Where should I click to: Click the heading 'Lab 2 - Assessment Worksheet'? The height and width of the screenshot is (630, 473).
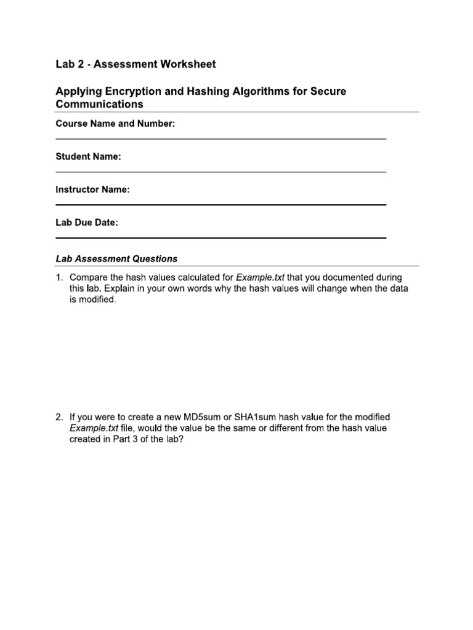[x=135, y=64]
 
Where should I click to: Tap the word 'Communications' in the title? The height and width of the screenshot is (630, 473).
[x=99, y=104]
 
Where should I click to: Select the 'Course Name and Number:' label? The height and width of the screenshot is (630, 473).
[x=115, y=124]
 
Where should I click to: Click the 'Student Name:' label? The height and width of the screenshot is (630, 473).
[x=88, y=157]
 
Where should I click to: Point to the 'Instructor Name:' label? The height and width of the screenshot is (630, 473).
[x=92, y=190]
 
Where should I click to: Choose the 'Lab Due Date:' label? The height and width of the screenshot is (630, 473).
[x=86, y=223]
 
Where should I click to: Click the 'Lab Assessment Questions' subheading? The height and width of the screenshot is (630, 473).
[x=116, y=259]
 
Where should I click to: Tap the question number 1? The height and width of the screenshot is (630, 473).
[x=59, y=277]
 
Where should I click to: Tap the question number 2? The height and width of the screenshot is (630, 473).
[x=59, y=417]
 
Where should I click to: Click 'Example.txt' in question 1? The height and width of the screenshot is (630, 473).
[x=260, y=277]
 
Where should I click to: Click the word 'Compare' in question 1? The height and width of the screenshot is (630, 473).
[x=89, y=277]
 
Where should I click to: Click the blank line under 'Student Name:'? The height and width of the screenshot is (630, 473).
[x=221, y=172]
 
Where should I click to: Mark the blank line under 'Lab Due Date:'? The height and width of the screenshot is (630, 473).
[x=221, y=237]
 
